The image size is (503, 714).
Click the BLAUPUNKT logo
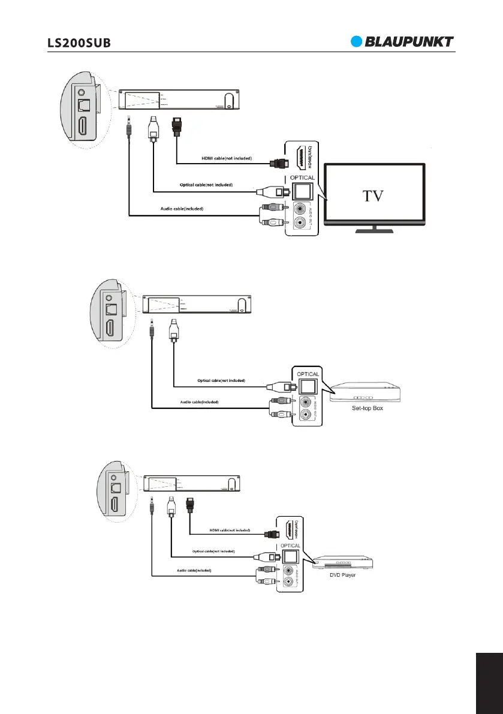[x=402, y=41]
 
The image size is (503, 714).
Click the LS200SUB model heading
[x=79, y=43]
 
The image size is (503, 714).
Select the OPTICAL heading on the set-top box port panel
[x=308, y=374]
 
